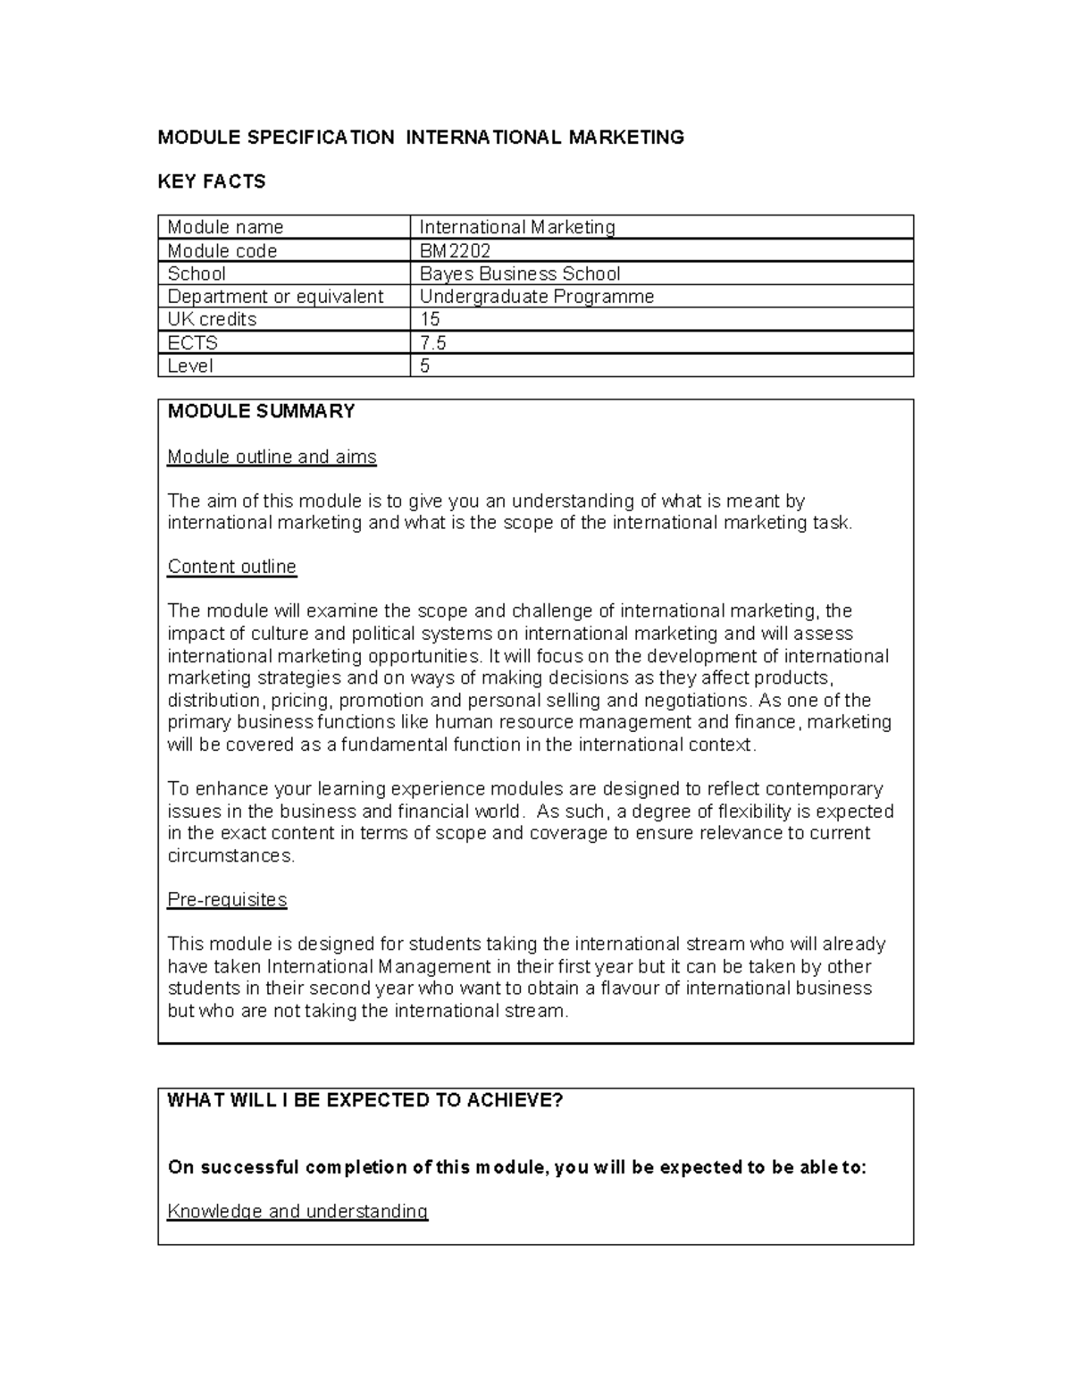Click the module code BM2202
click(455, 251)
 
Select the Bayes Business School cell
click(519, 273)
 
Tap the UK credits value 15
click(430, 319)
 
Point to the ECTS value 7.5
click(433, 342)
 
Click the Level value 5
click(425, 366)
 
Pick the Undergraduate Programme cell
click(536, 297)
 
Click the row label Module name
click(225, 227)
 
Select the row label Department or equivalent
click(275, 297)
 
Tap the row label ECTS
click(192, 342)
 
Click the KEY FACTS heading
click(212, 181)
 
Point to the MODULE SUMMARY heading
click(261, 411)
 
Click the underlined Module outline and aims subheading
click(272, 457)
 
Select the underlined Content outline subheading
click(231, 567)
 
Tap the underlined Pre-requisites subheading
click(227, 899)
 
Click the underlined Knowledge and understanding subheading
click(297, 1211)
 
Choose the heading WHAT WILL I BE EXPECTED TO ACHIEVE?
click(365, 1100)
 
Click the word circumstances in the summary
click(230, 855)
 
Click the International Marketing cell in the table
click(517, 227)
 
